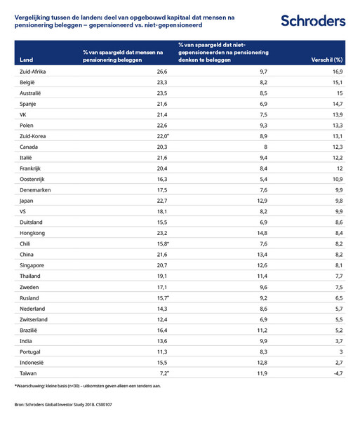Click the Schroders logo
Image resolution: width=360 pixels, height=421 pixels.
pos(312,20)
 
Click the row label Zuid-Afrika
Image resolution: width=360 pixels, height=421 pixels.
pos(34,72)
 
